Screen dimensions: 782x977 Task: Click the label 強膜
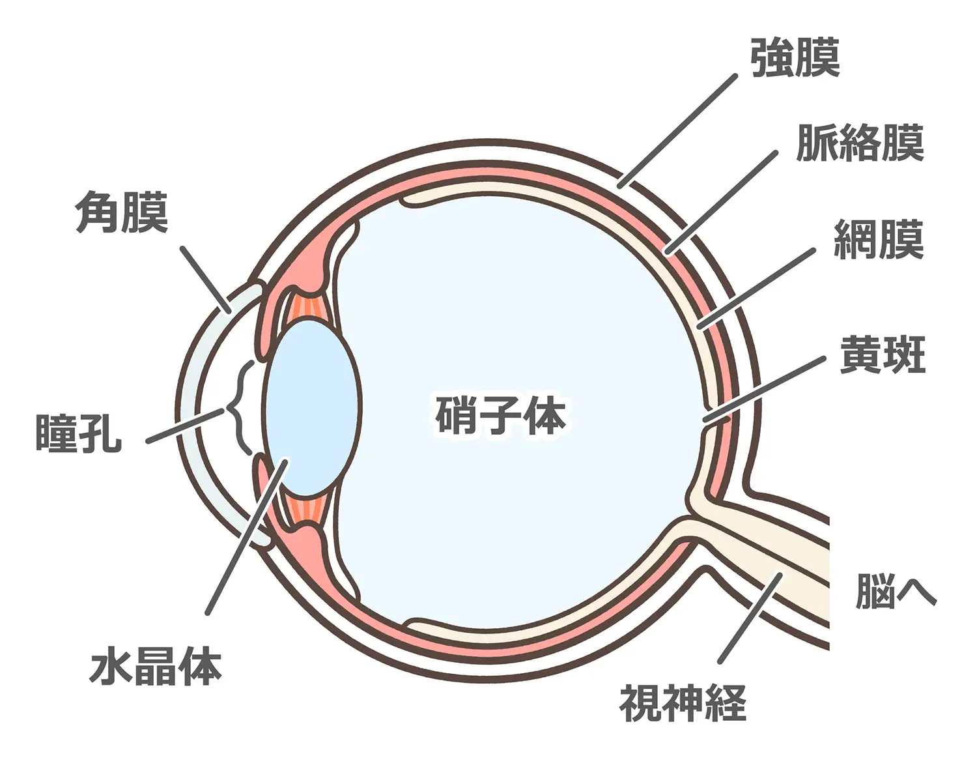[x=795, y=58]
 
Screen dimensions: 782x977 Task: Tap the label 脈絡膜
[x=860, y=143]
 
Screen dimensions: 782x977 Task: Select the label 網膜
[x=879, y=240]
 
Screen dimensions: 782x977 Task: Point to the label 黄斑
[x=883, y=355]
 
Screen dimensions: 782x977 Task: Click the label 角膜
[x=122, y=212]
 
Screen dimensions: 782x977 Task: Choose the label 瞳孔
[x=78, y=433]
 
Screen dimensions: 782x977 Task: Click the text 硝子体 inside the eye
[x=500, y=415]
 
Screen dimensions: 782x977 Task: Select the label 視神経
[x=682, y=702]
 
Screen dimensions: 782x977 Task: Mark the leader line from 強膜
[x=677, y=131]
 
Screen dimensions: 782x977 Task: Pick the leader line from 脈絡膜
[x=721, y=203]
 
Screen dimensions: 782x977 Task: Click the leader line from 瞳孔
[x=186, y=426]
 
